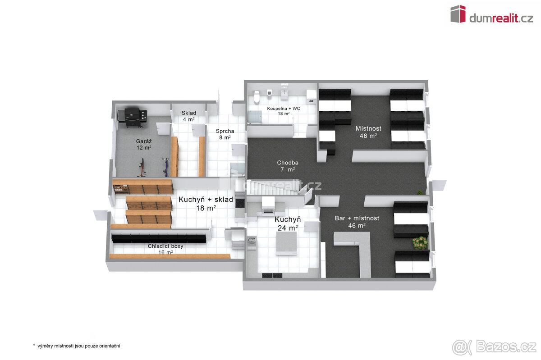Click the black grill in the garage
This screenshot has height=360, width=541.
pos(133,117)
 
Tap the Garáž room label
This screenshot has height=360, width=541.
pos(144,144)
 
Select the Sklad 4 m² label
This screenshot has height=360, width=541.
pos(189,116)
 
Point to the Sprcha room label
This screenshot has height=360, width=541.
pos(225,134)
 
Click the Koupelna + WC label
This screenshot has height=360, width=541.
pos(284,111)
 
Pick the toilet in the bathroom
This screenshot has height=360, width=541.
pos(257,96)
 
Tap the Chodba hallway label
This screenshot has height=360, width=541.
pos(288,166)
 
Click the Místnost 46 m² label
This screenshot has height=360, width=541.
pos(368,132)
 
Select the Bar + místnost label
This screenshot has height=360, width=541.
pos(357,222)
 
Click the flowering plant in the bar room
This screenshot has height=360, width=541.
pos(420,243)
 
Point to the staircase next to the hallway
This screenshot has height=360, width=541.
pos(274,187)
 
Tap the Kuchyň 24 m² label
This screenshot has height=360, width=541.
pos(288,223)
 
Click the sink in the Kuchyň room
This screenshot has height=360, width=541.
pos(252,241)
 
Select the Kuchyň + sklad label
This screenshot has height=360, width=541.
pos(206,204)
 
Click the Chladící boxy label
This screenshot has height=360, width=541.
pos(165,249)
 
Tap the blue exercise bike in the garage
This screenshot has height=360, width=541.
pos(166,166)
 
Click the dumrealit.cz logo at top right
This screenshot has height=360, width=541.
pos(492,14)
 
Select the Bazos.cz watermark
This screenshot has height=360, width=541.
pos(494,347)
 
